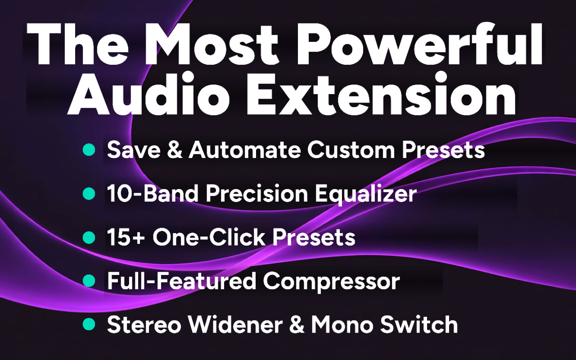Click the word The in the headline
(x=76, y=45)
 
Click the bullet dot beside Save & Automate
(x=89, y=150)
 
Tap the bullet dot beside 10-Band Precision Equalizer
(x=89, y=193)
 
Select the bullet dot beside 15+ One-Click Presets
(x=89, y=237)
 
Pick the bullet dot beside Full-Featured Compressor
(x=89, y=280)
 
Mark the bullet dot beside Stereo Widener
(x=89, y=324)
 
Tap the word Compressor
(x=331, y=281)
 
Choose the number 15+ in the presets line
(x=126, y=237)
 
